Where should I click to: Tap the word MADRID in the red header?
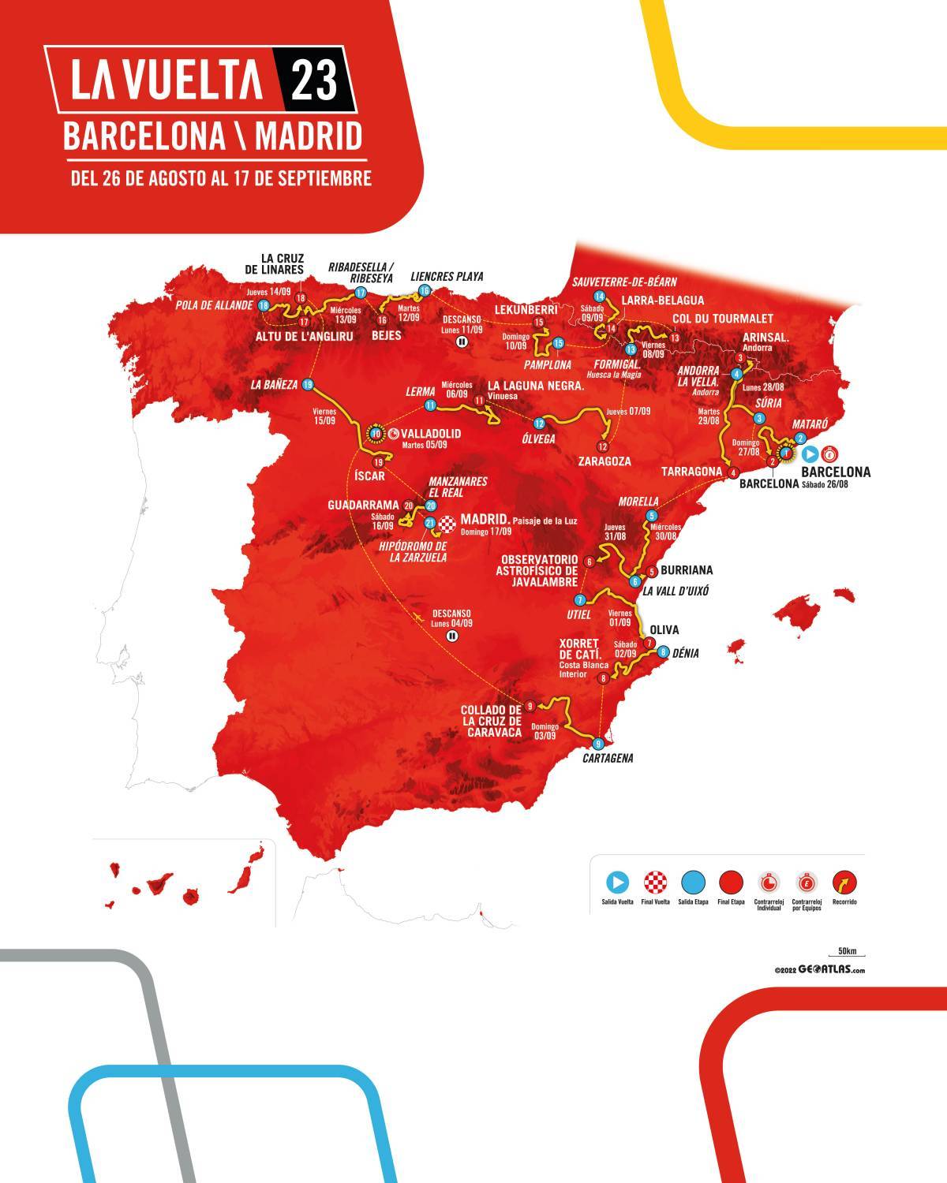point(309,136)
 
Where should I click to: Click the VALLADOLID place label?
point(431,434)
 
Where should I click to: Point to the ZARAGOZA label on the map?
point(604,461)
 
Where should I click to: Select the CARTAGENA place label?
point(608,759)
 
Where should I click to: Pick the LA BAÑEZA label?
point(274,385)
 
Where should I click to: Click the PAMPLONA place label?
point(545,365)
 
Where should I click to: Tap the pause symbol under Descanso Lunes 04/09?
point(451,635)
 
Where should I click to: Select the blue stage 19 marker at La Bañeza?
point(308,385)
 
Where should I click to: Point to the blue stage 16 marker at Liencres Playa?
point(425,290)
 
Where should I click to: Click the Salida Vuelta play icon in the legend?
point(618,882)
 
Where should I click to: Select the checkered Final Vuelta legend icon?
point(656,882)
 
